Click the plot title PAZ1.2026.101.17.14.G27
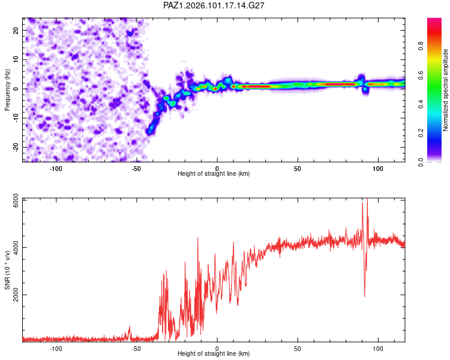coord(214,5)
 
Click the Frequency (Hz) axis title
coord(7,90)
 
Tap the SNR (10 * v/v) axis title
coord(7,270)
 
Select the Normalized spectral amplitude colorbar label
coord(445,90)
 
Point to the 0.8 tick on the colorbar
coord(421,46)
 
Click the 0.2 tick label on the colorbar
coord(421,133)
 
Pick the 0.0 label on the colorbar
coord(421,162)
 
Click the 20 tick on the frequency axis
coord(16,30)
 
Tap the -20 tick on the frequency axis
coord(16,147)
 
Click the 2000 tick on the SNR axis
coord(16,295)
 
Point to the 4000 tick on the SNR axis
coord(16,247)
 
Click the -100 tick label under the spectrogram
coord(56,169)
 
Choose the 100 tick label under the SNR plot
coord(378,349)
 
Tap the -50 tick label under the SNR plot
coord(136,349)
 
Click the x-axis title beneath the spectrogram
coord(214,173)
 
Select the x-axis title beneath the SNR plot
coord(214,353)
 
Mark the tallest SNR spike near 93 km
coord(367,199)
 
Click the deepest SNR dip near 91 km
coord(364,296)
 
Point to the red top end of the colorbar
coord(434,19)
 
